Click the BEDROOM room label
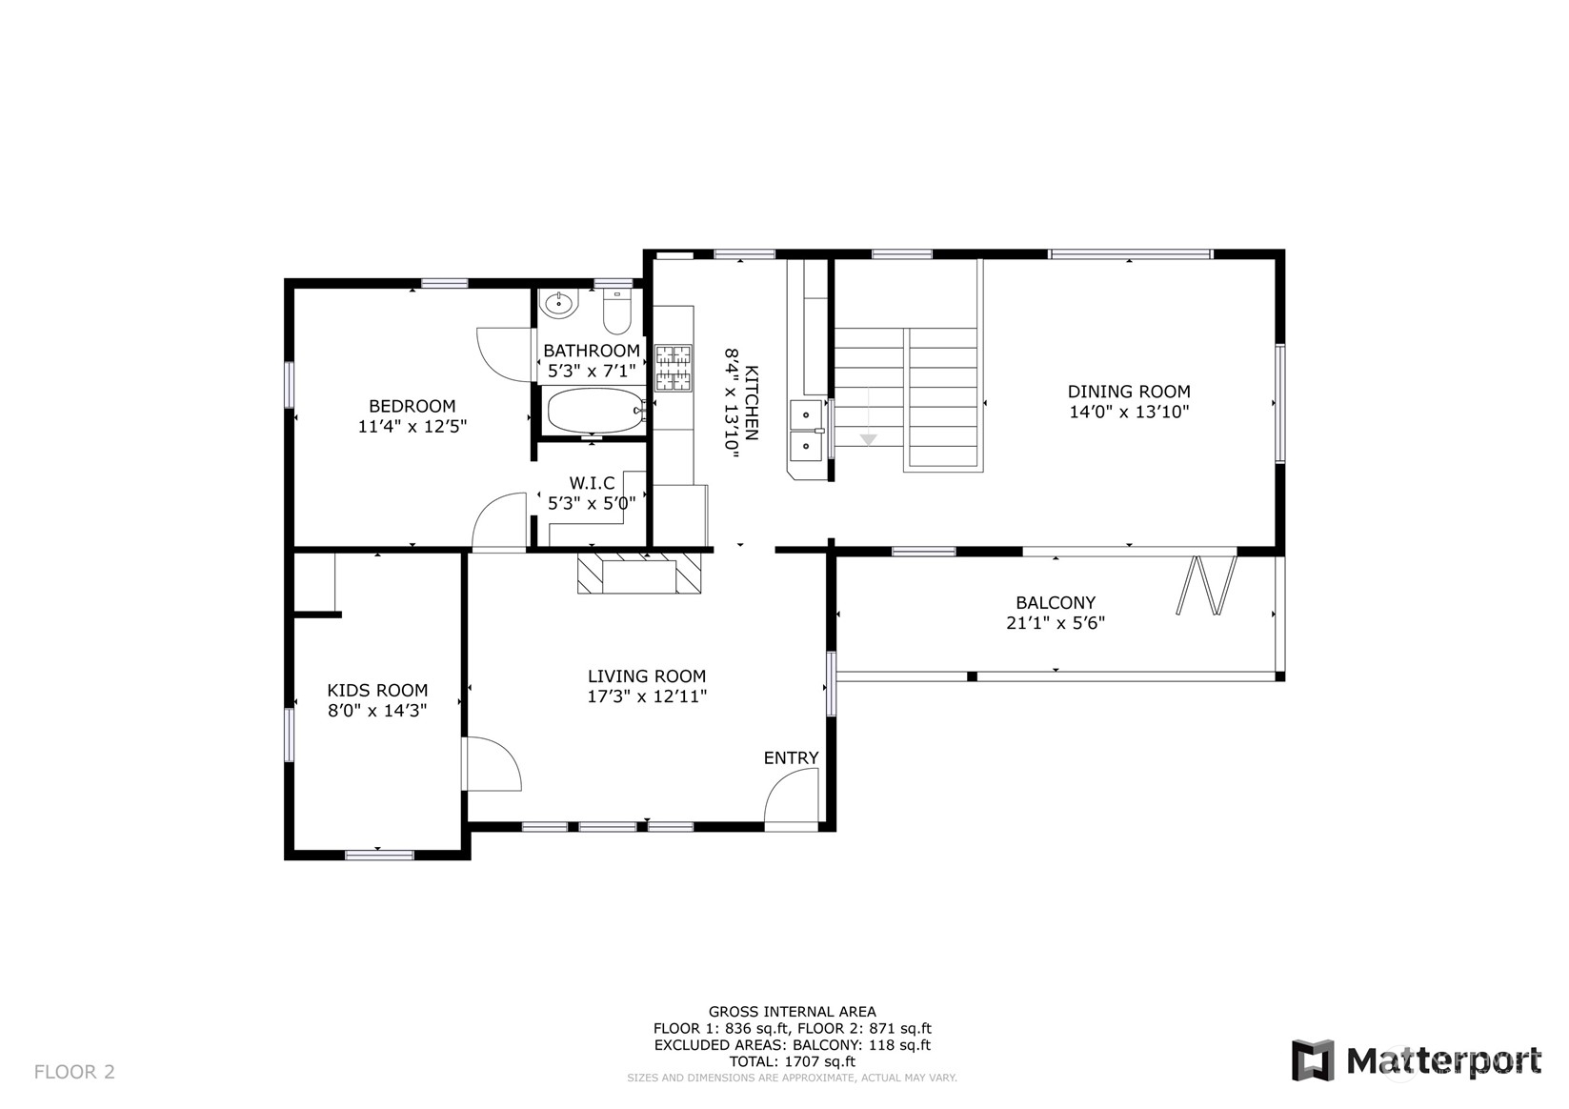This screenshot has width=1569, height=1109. [x=412, y=406]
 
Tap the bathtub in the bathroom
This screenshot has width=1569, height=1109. [x=594, y=411]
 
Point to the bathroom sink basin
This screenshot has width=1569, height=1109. [x=558, y=305]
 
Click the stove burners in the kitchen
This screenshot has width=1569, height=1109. [x=673, y=368]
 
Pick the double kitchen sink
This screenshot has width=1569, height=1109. [x=807, y=430]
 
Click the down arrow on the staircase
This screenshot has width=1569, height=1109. [x=868, y=437]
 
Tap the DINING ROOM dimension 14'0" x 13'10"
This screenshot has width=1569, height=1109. [x=1129, y=413]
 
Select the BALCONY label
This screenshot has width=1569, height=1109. [x=1055, y=602]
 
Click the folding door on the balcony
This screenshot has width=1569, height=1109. [x=1207, y=584]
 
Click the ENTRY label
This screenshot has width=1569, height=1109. [x=791, y=757]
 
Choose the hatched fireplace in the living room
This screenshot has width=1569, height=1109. [x=639, y=575]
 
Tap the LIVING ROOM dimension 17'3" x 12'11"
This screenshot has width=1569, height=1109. [x=647, y=696]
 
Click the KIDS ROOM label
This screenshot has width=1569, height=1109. [x=377, y=690]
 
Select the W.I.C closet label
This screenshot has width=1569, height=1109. [x=592, y=483]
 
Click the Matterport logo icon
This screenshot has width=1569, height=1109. [x=1313, y=1060]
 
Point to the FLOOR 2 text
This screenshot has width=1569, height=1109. [x=74, y=1072]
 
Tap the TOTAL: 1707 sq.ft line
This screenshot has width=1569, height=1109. [x=792, y=1061]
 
